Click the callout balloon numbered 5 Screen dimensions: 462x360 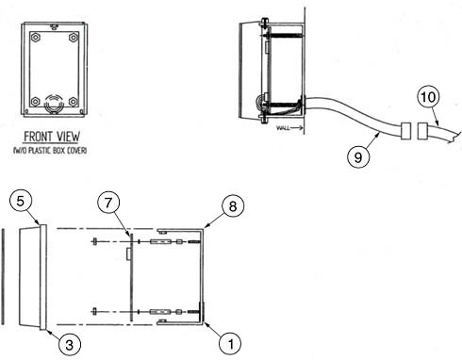click(x=21, y=201)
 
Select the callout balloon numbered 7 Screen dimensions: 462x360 click(x=108, y=203)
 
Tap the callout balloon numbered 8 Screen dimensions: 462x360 click(x=233, y=206)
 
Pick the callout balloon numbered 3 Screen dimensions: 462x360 click(x=70, y=345)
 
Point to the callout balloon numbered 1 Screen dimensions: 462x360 click(x=231, y=344)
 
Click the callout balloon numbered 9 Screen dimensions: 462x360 click(x=358, y=156)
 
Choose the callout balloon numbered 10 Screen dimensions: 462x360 click(x=428, y=96)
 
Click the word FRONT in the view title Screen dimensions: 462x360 click(x=36, y=137)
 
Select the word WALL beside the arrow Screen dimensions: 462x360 click(x=283, y=128)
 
